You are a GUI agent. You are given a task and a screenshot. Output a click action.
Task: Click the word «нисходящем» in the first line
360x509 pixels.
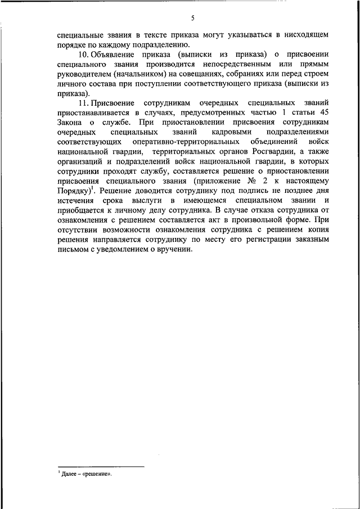pos(308,35)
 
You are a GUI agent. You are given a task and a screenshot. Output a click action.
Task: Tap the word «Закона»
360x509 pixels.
pos(70,123)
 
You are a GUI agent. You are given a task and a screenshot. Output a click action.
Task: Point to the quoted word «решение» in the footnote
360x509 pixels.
pos(97,474)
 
